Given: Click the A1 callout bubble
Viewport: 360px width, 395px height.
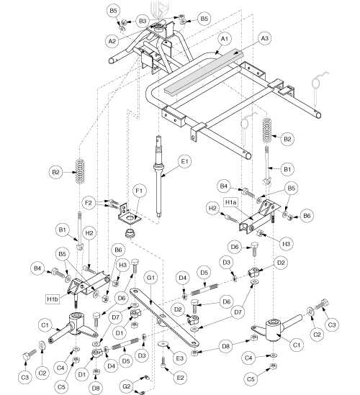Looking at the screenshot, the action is pos(225,39).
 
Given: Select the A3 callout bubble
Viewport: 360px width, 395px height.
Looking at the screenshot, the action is pos(265,39).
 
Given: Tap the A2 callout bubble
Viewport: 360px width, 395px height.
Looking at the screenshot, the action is pos(112,41).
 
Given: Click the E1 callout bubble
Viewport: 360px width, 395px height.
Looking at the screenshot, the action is pos(185,161).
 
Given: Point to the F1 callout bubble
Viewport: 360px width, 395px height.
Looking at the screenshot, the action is pos(139,191).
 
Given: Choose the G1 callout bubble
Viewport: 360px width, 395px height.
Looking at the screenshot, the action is pos(150,278).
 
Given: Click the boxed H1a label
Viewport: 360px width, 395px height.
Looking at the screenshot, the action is pos(231,202).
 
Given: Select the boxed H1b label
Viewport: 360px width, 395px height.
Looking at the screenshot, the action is pos(53,299).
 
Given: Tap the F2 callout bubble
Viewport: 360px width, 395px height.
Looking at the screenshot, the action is pos(89,203).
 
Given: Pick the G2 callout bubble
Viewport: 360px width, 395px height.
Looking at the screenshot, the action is pos(126,386).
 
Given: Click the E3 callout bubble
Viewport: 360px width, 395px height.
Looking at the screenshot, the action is pos(180,358).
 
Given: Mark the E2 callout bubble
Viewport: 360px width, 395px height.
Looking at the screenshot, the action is pos(181,378).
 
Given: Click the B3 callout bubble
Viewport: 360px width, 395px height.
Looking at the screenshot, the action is pos(143,21).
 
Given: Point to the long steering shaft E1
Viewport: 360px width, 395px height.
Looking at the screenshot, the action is pos(158,176).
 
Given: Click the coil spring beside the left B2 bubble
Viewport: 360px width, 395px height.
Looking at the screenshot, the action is pos(80,172).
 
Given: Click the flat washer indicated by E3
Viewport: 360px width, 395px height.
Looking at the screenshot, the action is pos(163,344).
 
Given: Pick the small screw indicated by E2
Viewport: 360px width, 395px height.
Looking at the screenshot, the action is pos(163,362).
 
